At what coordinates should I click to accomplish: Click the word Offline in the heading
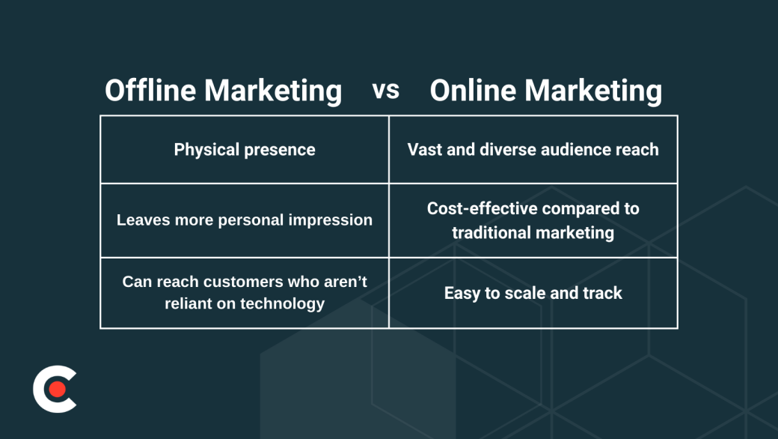(150, 91)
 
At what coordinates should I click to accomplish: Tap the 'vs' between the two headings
(386, 91)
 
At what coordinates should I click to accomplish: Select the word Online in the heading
(473, 91)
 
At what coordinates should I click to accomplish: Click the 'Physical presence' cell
(245, 150)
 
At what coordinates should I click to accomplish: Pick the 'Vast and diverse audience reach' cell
(533, 150)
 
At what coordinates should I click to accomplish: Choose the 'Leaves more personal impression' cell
(245, 220)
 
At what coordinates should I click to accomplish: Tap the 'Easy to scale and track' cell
(533, 293)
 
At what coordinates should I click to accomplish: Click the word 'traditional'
(490, 233)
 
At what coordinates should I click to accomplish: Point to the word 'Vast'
(423, 150)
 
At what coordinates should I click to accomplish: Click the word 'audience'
(576, 150)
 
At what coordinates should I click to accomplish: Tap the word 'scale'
(524, 293)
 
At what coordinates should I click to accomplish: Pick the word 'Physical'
(207, 150)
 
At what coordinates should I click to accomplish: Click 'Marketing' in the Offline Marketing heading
(273, 91)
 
